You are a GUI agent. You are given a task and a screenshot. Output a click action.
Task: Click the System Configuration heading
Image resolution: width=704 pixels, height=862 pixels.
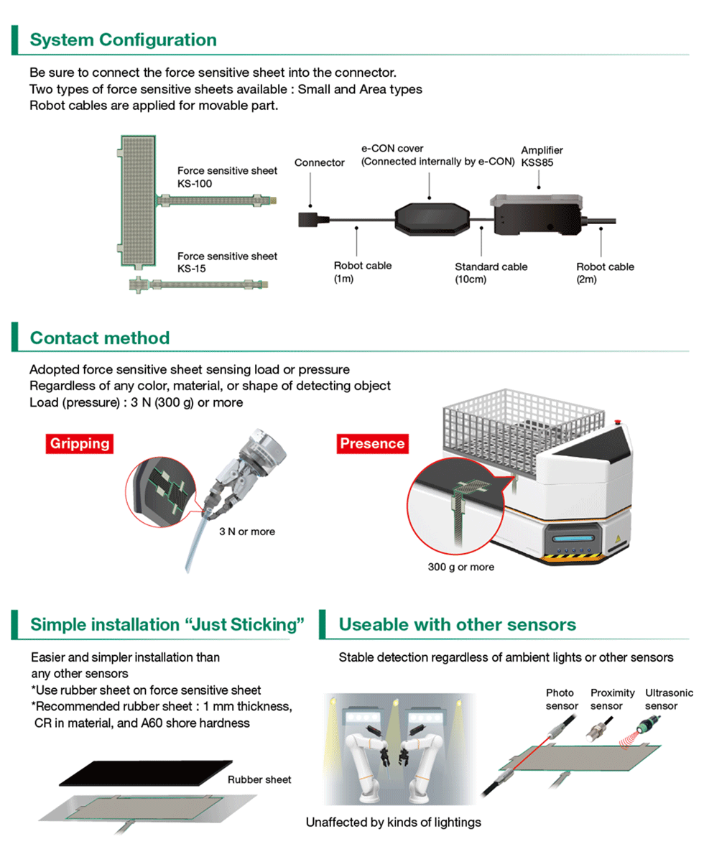tap(123, 40)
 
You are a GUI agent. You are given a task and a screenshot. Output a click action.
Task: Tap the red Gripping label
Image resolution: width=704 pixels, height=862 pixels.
tap(80, 443)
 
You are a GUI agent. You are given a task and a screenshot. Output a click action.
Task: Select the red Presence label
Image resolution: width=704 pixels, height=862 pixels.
tap(372, 443)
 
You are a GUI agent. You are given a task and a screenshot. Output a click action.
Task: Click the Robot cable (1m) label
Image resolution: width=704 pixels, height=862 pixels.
tap(362, 272)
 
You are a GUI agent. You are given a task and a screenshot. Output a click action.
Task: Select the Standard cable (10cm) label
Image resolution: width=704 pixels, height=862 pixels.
tap(491, 273)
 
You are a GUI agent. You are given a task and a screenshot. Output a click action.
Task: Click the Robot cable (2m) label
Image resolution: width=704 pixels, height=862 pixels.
tap(605, 272)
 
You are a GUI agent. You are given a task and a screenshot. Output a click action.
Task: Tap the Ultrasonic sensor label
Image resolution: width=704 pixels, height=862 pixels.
tap(669, 699)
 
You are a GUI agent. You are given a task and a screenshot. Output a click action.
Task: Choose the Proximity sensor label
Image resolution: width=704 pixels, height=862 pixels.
tap(612, 699)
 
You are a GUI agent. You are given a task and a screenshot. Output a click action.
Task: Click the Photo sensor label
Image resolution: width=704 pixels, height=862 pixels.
tap(562, 699)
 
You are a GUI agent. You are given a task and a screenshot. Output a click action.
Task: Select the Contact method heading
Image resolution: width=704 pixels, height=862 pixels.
tap(100, 338)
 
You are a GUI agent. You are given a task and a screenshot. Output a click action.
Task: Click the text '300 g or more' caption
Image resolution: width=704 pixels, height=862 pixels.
tap(460, 567)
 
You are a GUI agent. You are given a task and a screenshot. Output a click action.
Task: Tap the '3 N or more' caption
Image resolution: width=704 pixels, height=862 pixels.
tap(248, 532)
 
